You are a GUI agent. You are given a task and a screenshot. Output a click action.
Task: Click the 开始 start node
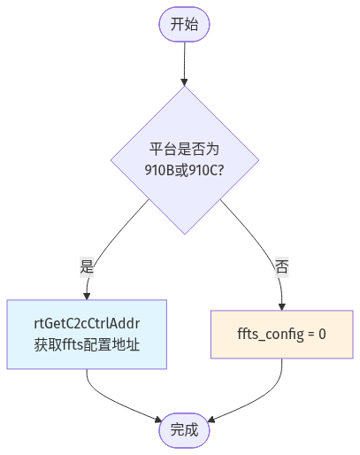click(x=184, y=24)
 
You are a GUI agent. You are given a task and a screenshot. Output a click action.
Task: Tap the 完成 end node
click(x=184, y=430)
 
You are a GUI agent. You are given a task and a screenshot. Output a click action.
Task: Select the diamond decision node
click(x=185, y=160)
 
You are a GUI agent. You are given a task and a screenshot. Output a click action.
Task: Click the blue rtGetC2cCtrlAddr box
click(x=87, y=335)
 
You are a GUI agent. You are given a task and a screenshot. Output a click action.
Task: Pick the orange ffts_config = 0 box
click(x=282, y=335)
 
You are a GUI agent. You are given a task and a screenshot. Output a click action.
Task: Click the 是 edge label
click(x=87, y=266)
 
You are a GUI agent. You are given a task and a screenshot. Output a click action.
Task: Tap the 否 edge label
click(x=282, y=266)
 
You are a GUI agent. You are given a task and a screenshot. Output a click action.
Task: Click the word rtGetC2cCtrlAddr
click(x=87, y=324)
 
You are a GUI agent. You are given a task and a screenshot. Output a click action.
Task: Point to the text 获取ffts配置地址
click(x=87, y=344)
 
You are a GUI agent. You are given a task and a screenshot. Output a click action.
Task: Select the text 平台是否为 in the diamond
click(x=185, y=149)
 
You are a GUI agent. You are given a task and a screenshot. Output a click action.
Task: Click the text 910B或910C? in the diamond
click(x=185, y=170)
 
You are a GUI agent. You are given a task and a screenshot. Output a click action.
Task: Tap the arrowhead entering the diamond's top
click(x=185, y=82)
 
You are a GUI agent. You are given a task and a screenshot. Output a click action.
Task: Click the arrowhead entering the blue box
click(x=87, y=296)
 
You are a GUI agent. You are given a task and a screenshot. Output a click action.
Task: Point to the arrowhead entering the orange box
click(x=282, y=306)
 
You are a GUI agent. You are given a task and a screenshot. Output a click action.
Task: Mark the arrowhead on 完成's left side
click(x=158, y=420)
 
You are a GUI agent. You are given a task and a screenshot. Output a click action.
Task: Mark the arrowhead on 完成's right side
click(x=211, y=420)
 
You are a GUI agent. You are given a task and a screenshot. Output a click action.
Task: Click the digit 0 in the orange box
click(x=322, y=335)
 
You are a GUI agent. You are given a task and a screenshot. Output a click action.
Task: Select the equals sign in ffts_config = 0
click(x=310, y=335)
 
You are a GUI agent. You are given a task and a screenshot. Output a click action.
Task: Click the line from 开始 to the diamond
click(x=185, y=60)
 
